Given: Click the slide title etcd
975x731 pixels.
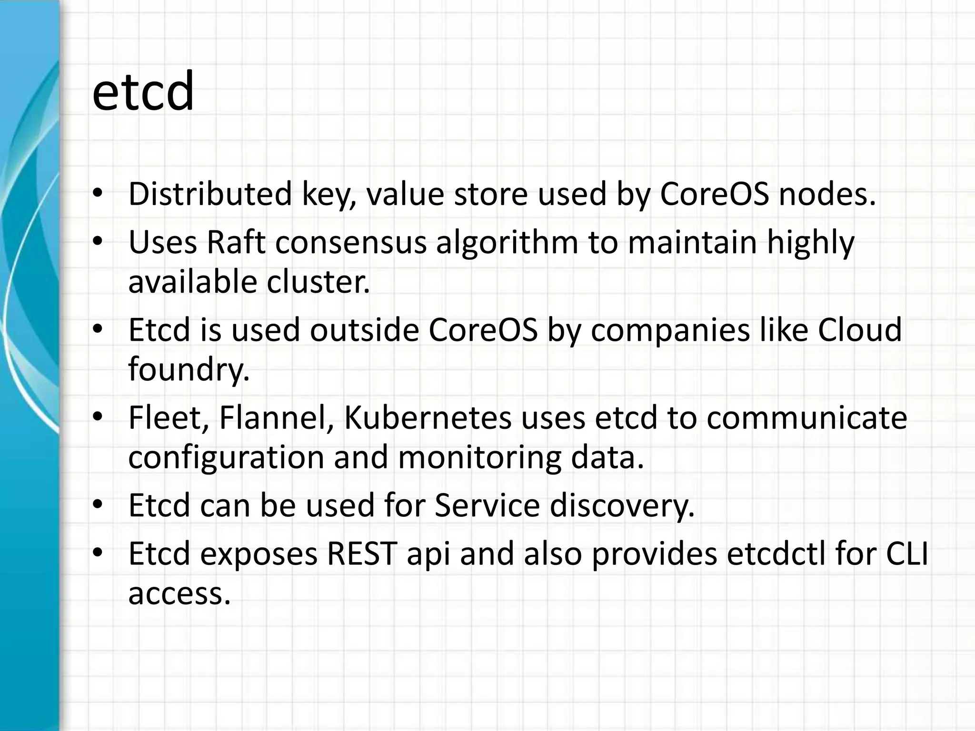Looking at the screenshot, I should (x=143, y=91).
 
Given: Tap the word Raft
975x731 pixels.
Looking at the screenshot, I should (x=236, y=242).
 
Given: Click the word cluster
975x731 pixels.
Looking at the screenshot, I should (x=318, y=282).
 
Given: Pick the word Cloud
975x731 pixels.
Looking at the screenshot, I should (x=859, y=329).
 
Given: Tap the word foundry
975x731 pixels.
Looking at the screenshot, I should (x=189, y=370).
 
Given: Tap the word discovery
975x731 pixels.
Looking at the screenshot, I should (x=622, y=505).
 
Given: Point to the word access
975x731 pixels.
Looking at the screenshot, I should (x=179, y=593).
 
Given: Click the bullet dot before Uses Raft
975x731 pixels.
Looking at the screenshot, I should (x=98, y=242).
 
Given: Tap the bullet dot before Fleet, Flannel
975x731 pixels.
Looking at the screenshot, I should (x=98, y=417).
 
